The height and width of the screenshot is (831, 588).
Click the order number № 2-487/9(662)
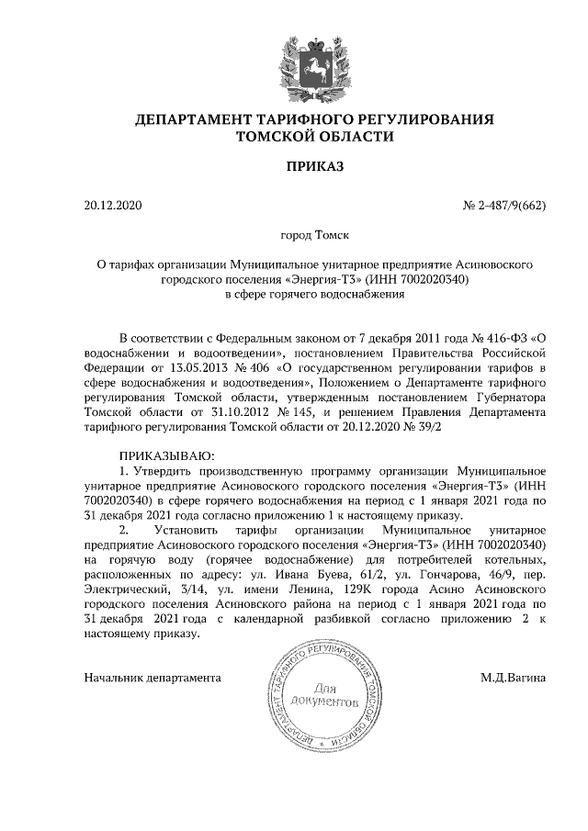click(x=503, y=205)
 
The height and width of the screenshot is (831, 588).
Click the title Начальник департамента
click(x=153, y=679)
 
